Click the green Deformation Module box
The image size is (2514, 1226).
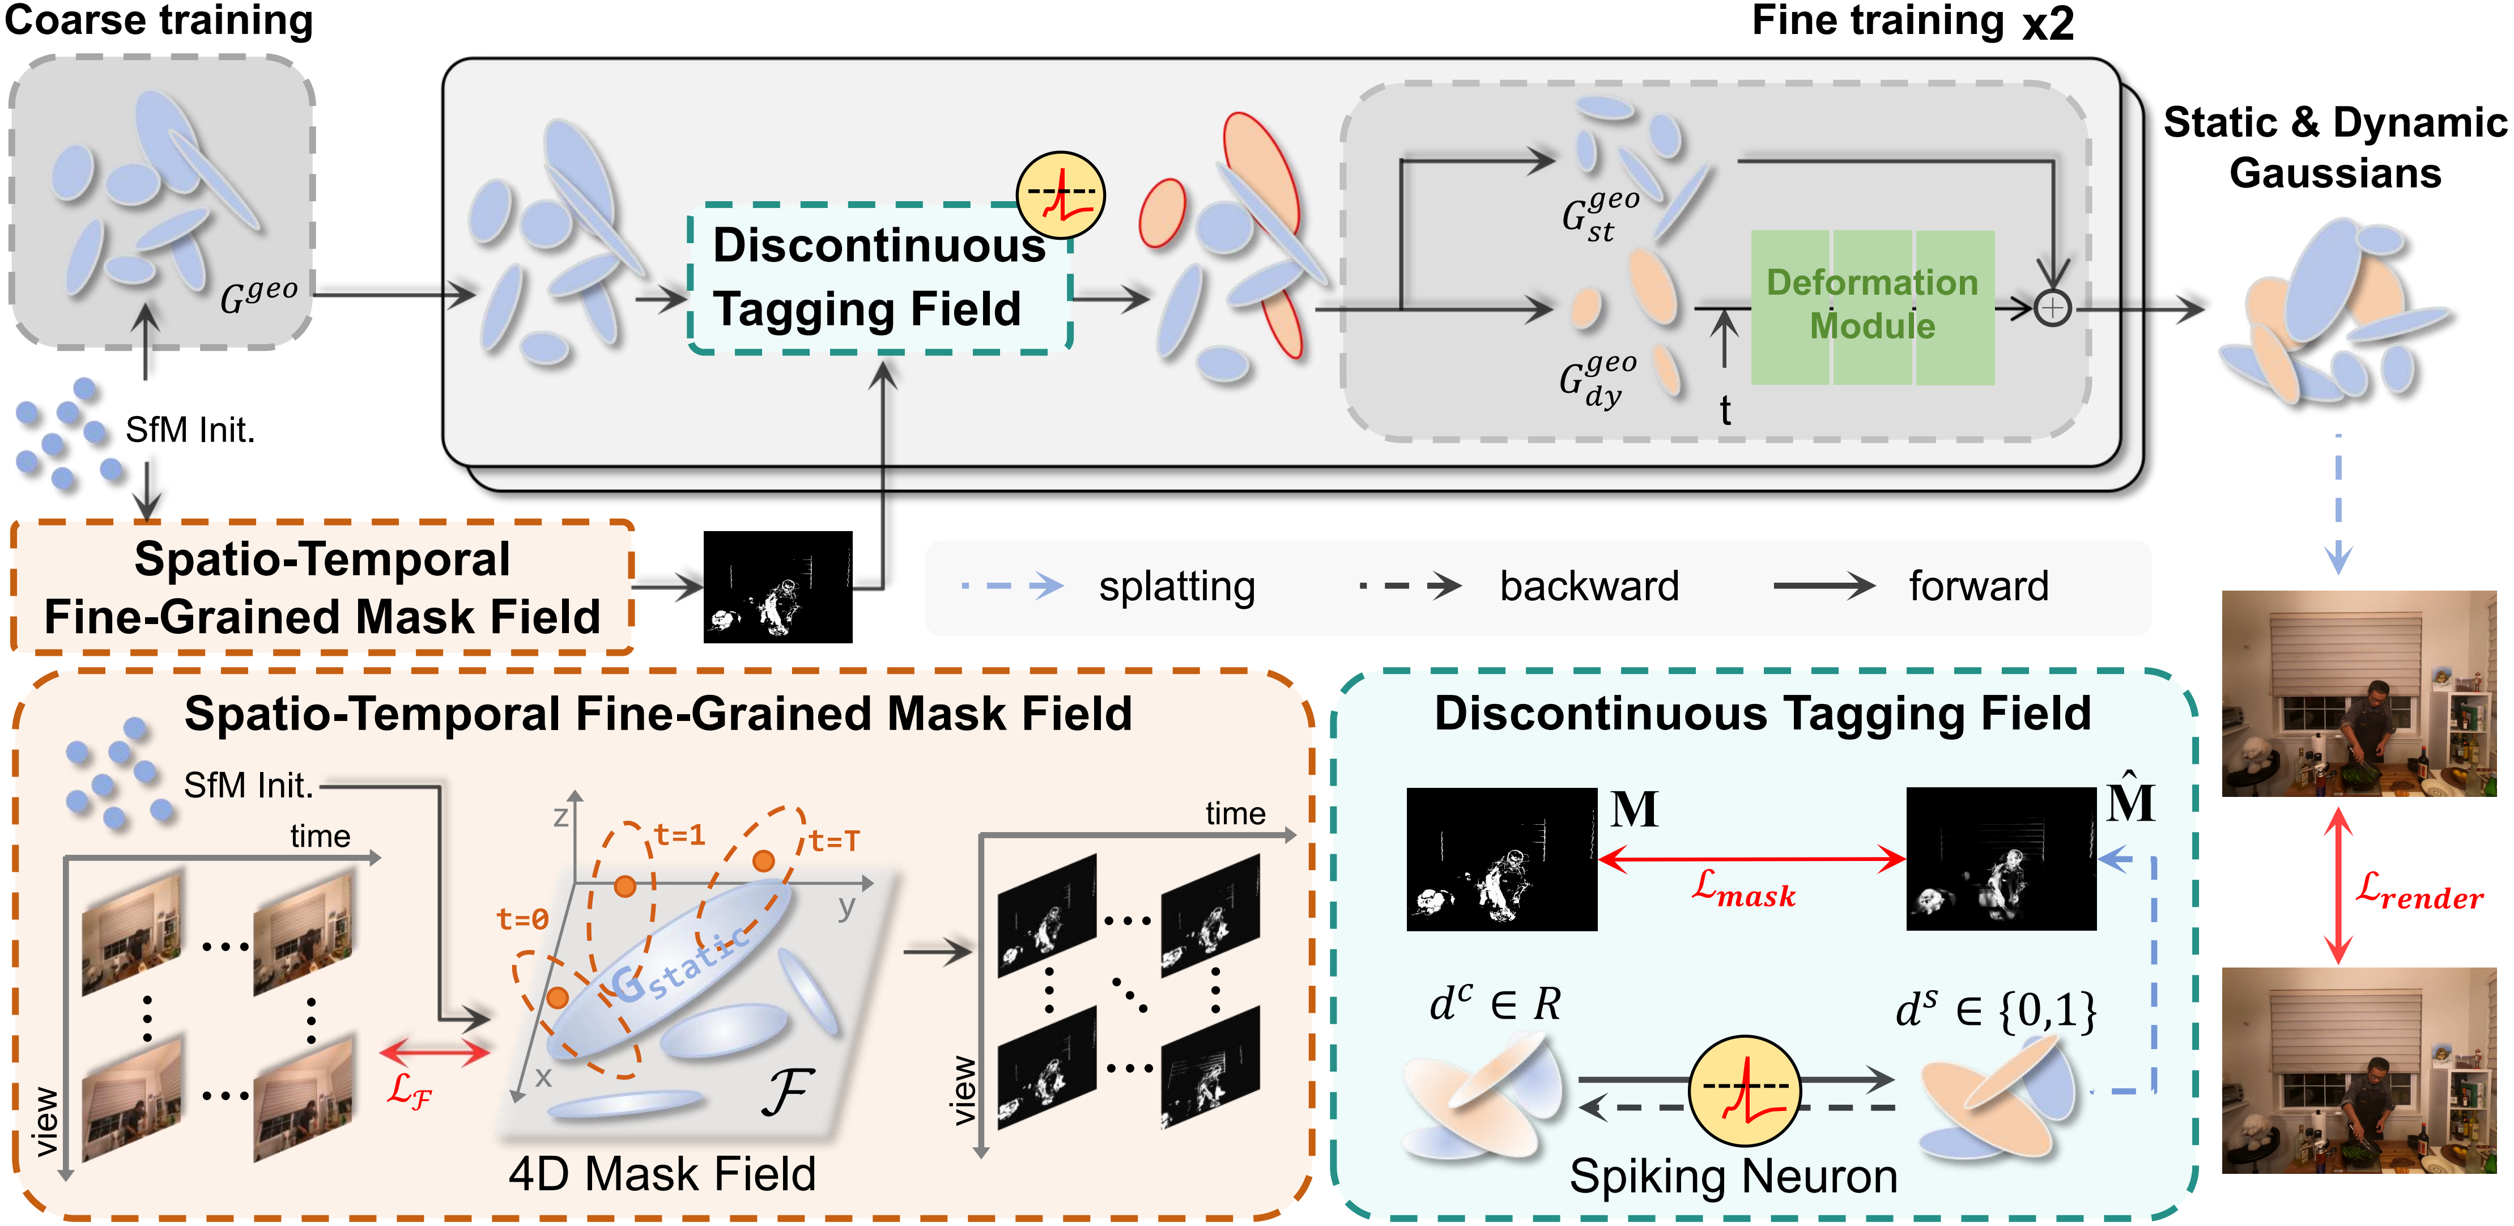point(1872,307)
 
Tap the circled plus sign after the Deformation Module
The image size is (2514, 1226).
point(2052,308)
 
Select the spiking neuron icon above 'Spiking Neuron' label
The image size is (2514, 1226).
point(1744,1091)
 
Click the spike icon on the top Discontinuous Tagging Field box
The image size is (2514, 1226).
point(1060,195)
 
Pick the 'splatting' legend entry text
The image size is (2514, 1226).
point(1176,587)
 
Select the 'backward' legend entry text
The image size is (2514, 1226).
point(1589,587)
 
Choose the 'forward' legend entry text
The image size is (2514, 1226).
point(1978,587)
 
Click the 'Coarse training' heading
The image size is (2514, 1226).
point(159,22)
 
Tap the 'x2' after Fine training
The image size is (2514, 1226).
point(2048,23)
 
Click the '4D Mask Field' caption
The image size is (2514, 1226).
point(662,1173)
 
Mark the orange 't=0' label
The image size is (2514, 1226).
point(522,919)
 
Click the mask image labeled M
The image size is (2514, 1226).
point(1501,859)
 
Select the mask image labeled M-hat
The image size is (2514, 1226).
point(2001,859)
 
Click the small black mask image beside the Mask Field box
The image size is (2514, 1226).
point(778,587)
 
